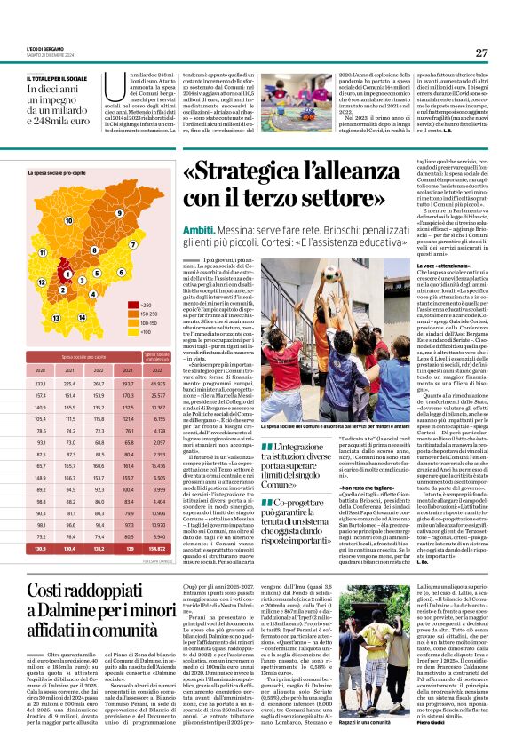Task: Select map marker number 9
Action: tap(119, 213)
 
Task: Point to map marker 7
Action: tap(133, 242)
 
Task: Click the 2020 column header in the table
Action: tap(40, 370)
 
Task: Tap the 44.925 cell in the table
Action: tap(160, 384)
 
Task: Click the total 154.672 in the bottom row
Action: tap(160, 549)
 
